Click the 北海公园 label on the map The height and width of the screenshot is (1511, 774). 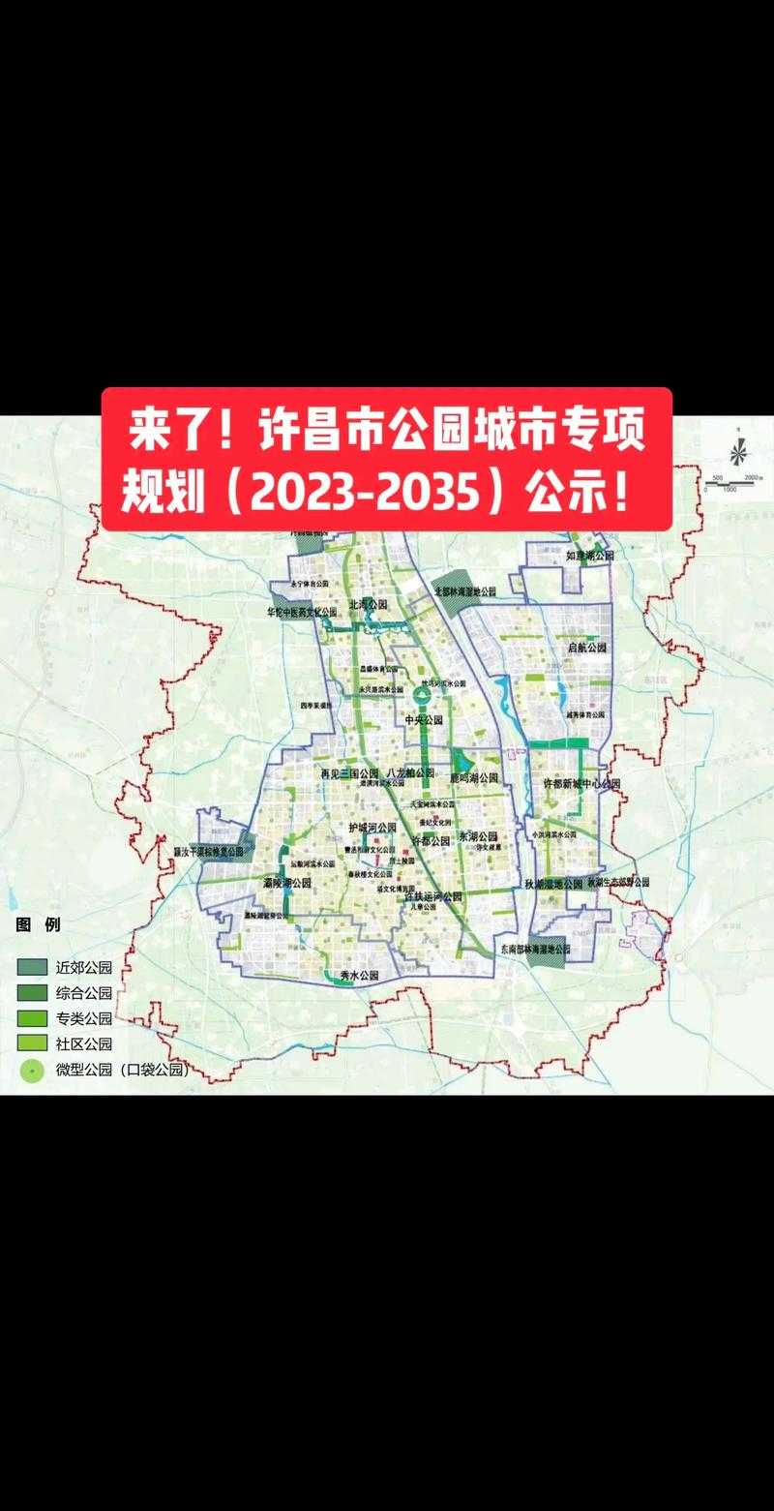(x=368, y=603)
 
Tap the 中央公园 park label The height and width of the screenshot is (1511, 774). (x=423, y=720)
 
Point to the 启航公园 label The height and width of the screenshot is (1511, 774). (x=586, y=647)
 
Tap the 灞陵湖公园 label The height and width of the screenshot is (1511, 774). (x=287, y=883)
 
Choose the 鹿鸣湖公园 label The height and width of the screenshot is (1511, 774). (x=474, y=777)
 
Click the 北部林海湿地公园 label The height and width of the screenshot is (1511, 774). (x=464, y=590)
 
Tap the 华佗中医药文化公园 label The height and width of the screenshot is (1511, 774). (x=302, y=612)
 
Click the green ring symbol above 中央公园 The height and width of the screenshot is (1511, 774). (x=422, y=695)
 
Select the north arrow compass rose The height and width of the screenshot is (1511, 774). (x=737, y=451)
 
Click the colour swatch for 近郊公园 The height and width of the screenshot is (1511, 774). (x=31, y=967)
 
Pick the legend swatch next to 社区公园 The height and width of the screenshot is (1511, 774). (x=31, y=1043)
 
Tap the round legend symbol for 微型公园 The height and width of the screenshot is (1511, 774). (x=31, y=1069)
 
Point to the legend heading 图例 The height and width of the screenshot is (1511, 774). (x=38, y=924)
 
